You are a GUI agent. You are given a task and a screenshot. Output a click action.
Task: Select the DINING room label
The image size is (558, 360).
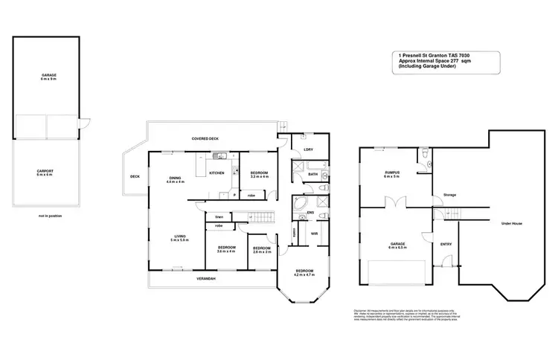tap(175, 179)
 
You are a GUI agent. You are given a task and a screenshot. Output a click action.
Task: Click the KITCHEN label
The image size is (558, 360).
tap(217, 173)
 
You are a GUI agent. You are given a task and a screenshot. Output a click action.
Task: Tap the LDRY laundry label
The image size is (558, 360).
tap(308, 150)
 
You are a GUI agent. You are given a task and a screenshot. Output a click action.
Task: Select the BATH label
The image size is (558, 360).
tap(312, 174)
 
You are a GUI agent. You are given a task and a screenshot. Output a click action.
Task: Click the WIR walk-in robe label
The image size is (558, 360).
tap(315, 233)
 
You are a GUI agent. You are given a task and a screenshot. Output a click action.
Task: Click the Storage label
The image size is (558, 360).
tap(449, 195)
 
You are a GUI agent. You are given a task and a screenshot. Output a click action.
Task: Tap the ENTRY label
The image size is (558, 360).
tap(446, 243)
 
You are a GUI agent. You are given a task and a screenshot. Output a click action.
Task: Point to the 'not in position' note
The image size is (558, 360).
tap(49, 216)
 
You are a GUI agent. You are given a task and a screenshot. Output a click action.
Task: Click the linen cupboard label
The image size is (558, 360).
tap(219, 216)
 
